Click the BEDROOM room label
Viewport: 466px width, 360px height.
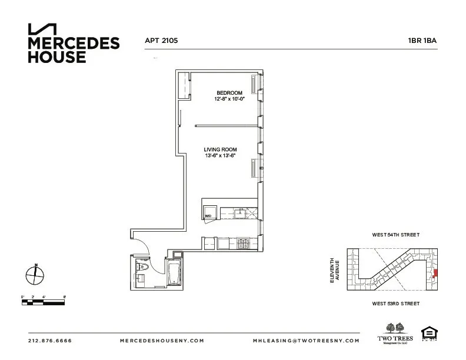(229, 93)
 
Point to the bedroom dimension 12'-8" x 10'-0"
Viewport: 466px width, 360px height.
(229, 99)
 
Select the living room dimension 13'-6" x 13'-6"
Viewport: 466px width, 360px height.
(220, 156)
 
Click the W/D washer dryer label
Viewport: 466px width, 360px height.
(208, 216)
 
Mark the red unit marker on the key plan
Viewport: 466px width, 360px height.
(435, 273)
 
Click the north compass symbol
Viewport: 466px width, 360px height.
(35, 274)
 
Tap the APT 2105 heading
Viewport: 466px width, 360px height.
(161, 41)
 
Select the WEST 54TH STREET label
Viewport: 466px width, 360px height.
(395, 235)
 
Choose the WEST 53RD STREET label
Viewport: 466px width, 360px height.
(395, 304)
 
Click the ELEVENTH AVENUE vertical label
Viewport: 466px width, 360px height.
(335, 272)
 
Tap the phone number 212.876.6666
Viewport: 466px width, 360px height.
(49, 341)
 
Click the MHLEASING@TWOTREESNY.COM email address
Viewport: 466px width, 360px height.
(305, 341)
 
